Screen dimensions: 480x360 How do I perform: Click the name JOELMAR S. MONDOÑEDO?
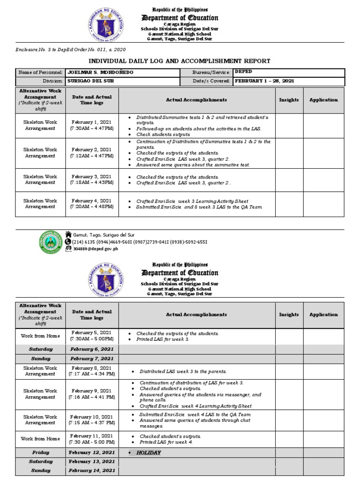click(94, 73)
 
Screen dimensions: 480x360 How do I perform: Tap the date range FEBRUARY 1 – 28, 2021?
click(264, 81)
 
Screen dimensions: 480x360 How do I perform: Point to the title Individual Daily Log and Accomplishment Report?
click(180, 61)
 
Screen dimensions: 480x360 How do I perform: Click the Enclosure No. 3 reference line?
click(71, 49)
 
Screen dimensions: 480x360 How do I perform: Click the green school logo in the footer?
click(50, 242)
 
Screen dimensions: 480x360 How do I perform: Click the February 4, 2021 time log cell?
click(91, 203)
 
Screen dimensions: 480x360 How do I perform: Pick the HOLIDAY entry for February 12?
click(149, 453)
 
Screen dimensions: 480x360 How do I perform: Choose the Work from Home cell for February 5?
click(40, 336)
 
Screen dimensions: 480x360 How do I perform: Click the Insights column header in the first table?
click(289, 100)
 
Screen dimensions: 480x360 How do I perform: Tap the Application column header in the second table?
click(323, 315)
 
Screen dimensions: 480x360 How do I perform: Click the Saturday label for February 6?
click(41, 349)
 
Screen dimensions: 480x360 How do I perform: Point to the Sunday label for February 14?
click(41, 470)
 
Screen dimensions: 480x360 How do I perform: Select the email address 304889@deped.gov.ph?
click(92, 249)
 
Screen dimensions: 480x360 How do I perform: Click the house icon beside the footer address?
click(68, 234)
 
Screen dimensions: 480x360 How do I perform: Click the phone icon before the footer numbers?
click(68, 242)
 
